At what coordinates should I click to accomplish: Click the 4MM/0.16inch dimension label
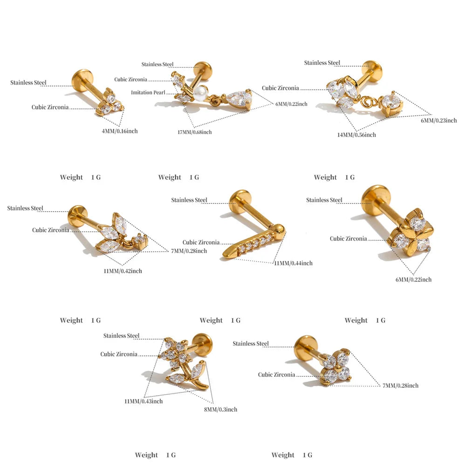point(120,131)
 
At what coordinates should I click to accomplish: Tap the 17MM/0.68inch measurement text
point(195,132)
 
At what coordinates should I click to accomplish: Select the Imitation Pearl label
point(148,92)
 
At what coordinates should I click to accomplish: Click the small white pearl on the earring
point(200,90)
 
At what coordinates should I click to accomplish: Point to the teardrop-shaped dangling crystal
point(238,99)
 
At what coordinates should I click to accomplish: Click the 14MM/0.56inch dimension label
point(356,135)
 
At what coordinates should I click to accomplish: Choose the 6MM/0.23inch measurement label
point(439,120)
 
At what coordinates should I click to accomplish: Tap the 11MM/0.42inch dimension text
point(123,271)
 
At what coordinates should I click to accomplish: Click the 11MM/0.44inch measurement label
point(293,263)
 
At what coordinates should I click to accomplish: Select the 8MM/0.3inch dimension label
point(220,409)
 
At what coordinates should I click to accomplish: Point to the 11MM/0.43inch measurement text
point(144,401)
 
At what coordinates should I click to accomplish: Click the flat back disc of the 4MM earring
point(82,78)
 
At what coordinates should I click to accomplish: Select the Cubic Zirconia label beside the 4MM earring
point(50,107)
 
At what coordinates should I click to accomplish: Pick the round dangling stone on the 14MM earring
point(392,103)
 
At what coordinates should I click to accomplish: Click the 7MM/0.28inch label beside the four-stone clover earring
point(400,385)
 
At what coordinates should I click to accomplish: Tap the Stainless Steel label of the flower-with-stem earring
point(121,336)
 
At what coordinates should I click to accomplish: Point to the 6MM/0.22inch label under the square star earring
point(413,279)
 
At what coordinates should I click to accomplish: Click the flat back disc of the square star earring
point(375,198)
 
